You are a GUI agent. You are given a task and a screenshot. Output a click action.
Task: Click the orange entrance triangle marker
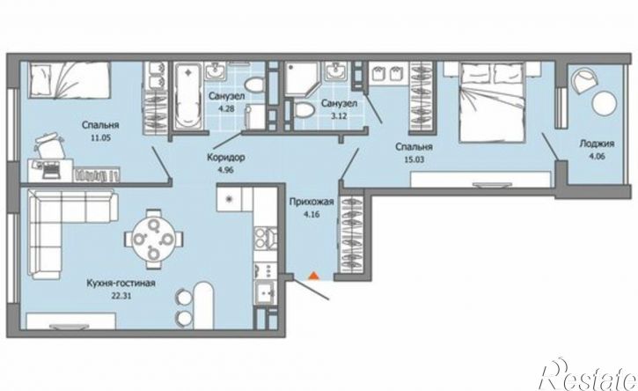[313, 277]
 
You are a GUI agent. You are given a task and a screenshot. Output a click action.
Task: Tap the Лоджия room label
[597, 144]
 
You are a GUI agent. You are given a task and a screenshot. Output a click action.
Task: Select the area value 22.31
[121, 296]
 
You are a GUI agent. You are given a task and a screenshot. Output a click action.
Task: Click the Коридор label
[226, 158]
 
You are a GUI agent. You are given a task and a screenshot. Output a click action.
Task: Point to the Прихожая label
[312, 202]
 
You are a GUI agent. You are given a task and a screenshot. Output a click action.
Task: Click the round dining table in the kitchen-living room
[154, 239]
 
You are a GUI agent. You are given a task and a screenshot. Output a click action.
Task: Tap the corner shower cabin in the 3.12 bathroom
[300, 79]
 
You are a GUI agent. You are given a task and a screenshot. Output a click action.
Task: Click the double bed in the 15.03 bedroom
[492, 102]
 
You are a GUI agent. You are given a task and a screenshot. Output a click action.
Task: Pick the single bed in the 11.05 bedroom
[70, 80]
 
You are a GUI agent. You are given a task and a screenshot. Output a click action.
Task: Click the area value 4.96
[226, 170]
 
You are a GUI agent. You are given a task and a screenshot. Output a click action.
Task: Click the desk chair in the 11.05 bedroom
[50, 144]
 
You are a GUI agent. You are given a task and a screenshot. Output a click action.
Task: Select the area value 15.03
[414, 159]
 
